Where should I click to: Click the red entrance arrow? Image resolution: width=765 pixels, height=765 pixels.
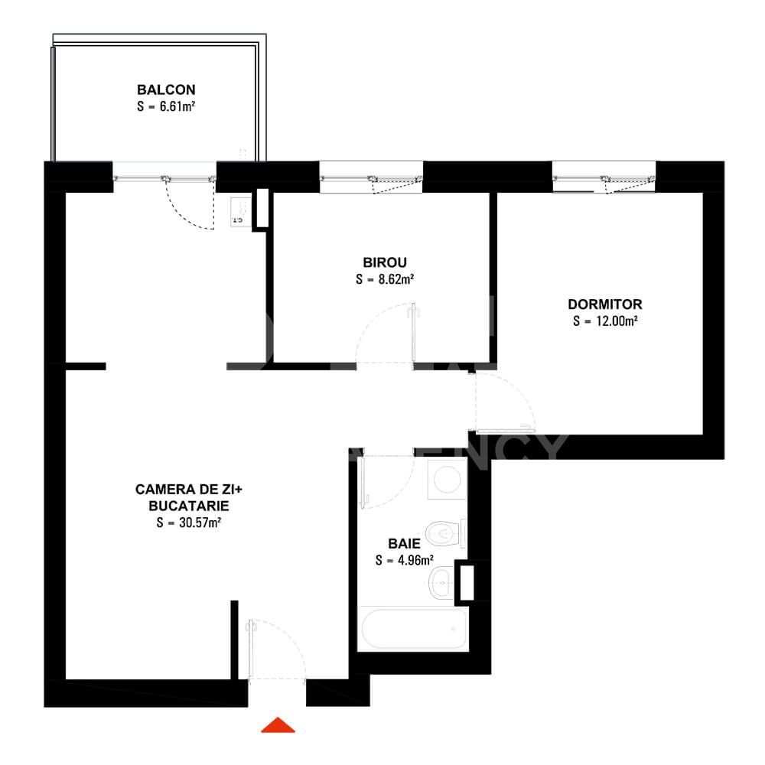tap(278, 725)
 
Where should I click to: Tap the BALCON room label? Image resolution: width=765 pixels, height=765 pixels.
tap(161, 90)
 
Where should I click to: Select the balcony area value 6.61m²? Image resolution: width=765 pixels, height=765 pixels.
tap(164, 107)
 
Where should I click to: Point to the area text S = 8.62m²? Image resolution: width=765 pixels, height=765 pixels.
tap(385, 279)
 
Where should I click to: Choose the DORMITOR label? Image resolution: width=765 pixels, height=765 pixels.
tap(605, 304)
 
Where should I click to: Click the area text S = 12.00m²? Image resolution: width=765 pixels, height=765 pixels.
tap(605, 321)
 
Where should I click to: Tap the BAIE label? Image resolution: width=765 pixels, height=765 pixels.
tap(404, 543)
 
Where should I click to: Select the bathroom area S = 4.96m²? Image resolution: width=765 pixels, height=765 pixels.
tap(405, 560)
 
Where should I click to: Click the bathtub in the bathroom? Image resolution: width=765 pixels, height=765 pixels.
tap(413, 630)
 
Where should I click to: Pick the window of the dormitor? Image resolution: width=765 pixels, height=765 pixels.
tap(604, 178)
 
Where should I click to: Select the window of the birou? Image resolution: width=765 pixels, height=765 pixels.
tap(371, 178)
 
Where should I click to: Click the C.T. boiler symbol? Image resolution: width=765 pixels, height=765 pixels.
tap(237, 211)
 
